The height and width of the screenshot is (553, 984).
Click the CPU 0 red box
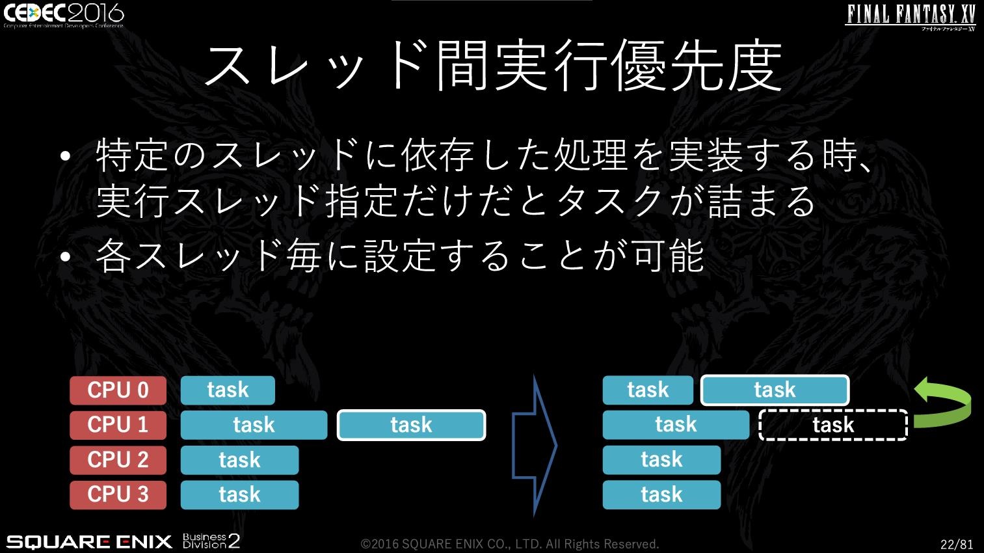pos(118,390)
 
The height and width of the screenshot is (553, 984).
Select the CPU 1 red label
pos(118,425)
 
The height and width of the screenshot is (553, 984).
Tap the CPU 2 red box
pos(118,460)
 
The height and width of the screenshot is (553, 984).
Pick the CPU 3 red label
pos(118,494)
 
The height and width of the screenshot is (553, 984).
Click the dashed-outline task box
pos(833,425)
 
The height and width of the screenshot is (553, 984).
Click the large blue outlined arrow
pos(535,446)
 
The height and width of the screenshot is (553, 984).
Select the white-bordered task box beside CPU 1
pos(411,425)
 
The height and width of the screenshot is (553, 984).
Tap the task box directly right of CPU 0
pos(228,390)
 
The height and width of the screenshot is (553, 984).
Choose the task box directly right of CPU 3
pos(239,494)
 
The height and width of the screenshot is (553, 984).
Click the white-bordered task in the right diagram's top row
pos(775,390)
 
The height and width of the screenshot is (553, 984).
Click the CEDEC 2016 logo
pos(64,16)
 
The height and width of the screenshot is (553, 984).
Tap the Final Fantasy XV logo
pos(911,17)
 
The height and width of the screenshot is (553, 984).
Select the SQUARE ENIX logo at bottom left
pos(89,542)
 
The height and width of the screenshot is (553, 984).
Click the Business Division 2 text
pos(211,541)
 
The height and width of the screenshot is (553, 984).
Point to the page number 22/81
pos(957,544)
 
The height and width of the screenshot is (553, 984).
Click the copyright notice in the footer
pos(510,544)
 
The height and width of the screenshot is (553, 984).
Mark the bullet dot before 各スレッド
pos(66,256)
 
